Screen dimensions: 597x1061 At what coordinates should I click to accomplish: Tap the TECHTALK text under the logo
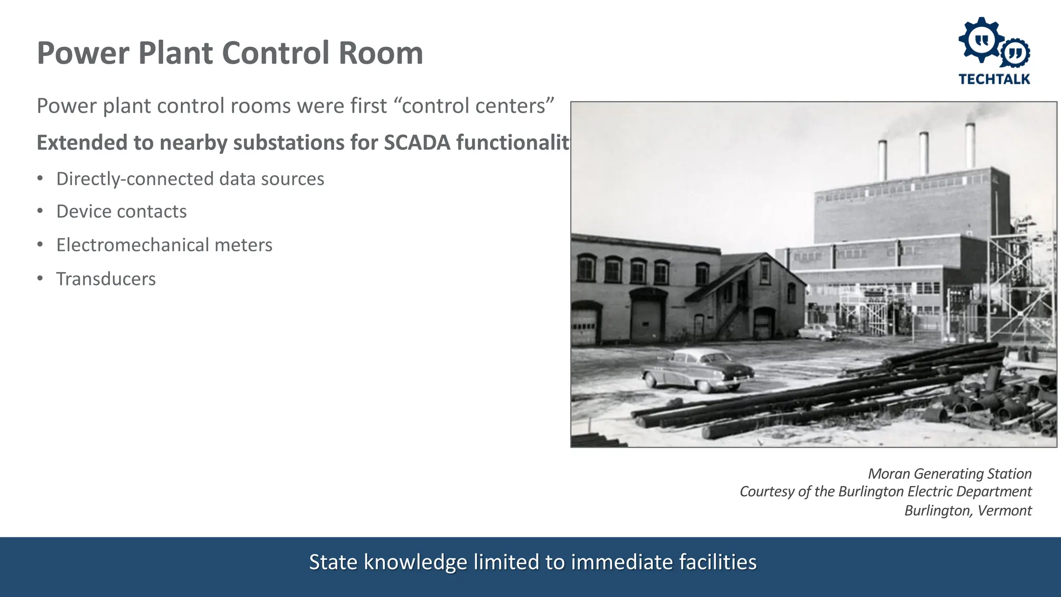tap(994, 79)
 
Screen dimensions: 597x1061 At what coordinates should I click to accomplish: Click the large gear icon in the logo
tap(981, 40)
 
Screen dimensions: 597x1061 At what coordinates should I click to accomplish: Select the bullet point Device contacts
tap(121, 211)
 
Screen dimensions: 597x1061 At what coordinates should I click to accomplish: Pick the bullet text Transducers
tap(106, 279)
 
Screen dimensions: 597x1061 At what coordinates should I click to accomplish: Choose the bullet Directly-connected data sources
tap(190, 179)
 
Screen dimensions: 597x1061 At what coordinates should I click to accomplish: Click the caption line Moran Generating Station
tap(949, 474)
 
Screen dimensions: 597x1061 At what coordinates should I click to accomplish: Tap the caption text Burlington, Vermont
tap(968, 510)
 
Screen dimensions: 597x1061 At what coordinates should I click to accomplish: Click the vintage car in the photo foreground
tap(697, 369)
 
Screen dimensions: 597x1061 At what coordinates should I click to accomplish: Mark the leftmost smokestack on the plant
tap(882, 160)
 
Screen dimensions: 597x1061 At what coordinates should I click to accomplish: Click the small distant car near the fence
tap(819, 332)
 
